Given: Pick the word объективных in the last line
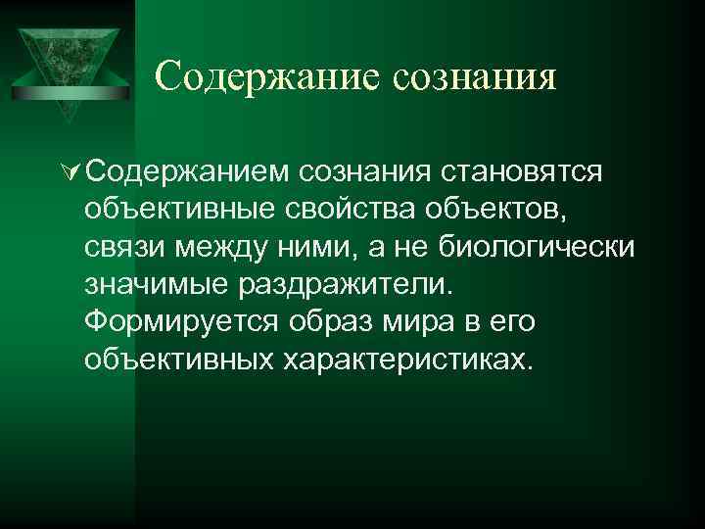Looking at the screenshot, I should pyautogui.click(x=180, y=359).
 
